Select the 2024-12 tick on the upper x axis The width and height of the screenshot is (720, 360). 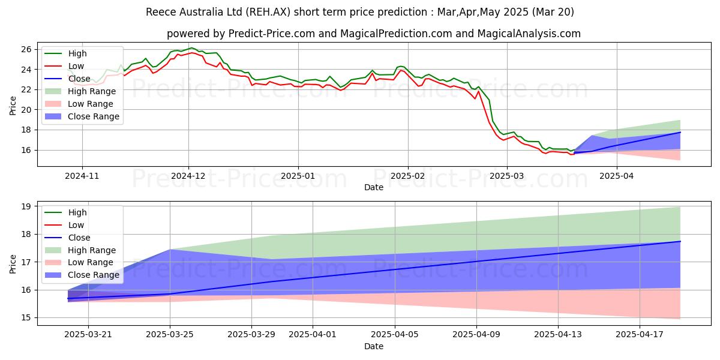(x=188, y=176)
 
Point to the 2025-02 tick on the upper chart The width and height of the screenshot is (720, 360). (x=407, y=176)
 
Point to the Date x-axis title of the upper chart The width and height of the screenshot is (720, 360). (x=373, y=187)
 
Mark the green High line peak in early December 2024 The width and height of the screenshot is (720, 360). (x=191, y=48)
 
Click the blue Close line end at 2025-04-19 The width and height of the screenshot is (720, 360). (x=680, y=241)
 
